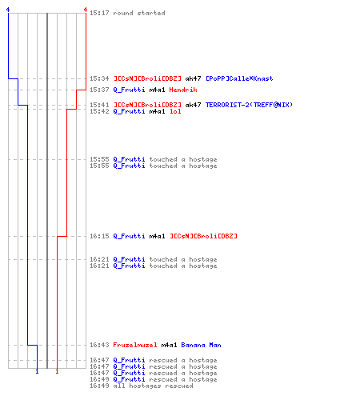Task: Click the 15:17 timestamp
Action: point(99,13)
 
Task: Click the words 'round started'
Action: point(139,13)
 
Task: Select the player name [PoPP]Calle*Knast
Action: point(239,78)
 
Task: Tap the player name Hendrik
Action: point(183,90)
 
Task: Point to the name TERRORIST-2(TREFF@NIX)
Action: point(249,105)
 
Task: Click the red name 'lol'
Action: point(175,111)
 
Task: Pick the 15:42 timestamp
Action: point(99,111)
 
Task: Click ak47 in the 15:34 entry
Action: point(193,78)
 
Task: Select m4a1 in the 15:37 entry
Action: point(157,90)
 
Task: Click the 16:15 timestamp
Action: point(99,236)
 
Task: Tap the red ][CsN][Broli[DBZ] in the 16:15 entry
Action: point(203,236)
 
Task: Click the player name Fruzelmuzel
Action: point(135,345)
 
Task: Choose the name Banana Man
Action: point(201,345)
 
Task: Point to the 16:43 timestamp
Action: point(99,345)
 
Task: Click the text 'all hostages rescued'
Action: point(153,386)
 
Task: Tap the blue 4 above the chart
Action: point(8,10)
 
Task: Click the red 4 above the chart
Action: point(86,10)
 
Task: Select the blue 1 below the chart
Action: point(37,371)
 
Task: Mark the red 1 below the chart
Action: point(57,371)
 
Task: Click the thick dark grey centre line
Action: point(47,190)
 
